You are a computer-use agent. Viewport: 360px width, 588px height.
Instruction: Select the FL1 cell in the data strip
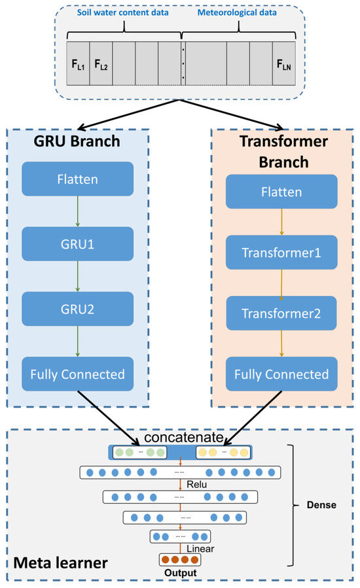click(77, 63)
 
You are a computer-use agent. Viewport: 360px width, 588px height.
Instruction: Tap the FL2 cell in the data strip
click(100, 63)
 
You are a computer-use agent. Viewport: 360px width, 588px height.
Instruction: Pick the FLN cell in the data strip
click(284, 63)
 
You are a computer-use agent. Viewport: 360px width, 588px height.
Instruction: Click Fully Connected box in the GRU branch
click(78, 374)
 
